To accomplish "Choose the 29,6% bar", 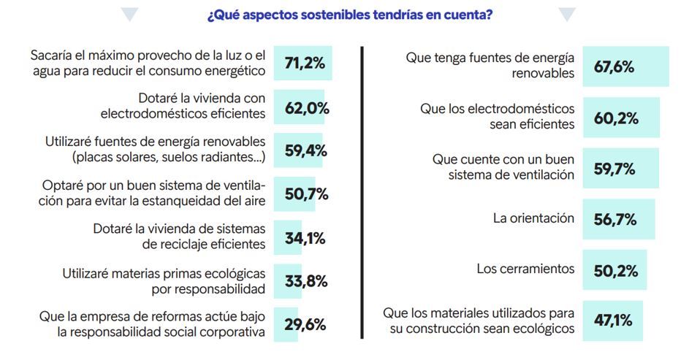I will (x=286, y=324).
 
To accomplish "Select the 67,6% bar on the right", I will (x=625, y=66).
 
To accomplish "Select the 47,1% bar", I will (x=612, y=321).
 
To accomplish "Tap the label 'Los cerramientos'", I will (x=525, y=269).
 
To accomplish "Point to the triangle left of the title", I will (x=130, y=15).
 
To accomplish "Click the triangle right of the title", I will (x=567, y=15).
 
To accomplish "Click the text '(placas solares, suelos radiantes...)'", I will (x=169, y=157).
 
